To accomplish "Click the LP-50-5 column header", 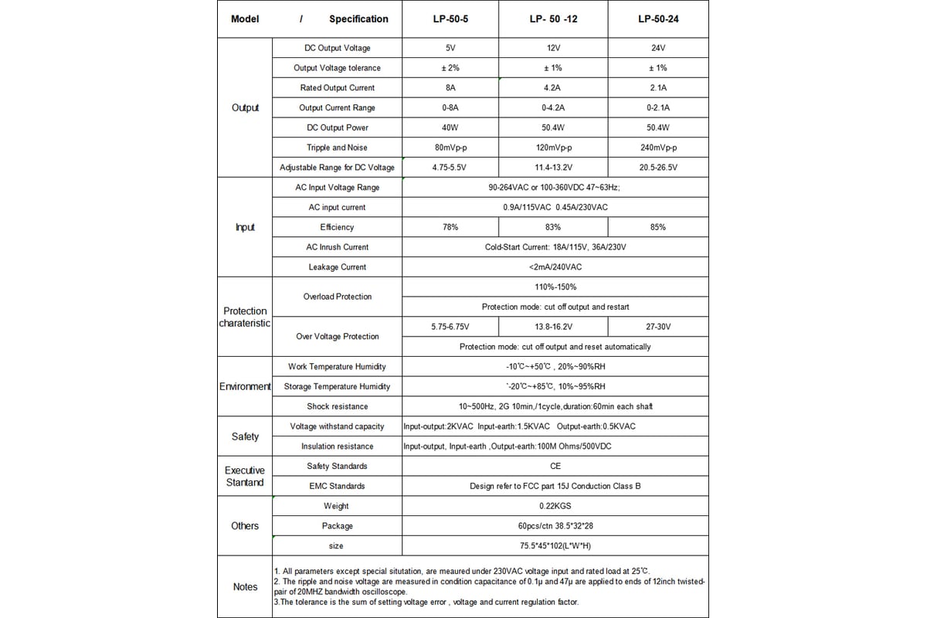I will [x=450, y=19].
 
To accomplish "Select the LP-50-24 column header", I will [x=658, y=19].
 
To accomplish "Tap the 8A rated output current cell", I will [x=450, y=88].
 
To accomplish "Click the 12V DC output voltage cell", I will [x=553, y=48].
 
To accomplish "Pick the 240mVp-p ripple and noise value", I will [x=658, y=148].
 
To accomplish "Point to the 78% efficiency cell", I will [x=450, y=227].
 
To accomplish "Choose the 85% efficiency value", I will [x=658, y=227].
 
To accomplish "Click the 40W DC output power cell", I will [x=450, y=127].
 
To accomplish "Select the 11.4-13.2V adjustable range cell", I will [x=553, y=168].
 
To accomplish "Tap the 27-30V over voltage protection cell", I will [x=658, y=327].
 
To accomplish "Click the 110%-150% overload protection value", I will [x=555, y=287].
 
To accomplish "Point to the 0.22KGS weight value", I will [x=555, y=506].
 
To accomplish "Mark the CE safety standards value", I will [x=555, y=466].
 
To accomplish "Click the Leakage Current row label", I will [x=337, y=267].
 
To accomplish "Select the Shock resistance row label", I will [x=337, y=406].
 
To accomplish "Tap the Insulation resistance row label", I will [x=337, y=447].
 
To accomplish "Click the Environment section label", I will [x=245, y=386].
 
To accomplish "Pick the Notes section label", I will [x=245, y=587].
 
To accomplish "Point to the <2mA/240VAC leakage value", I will [x=555, y=267].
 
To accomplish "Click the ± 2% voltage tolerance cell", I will [x=450, y=68].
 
